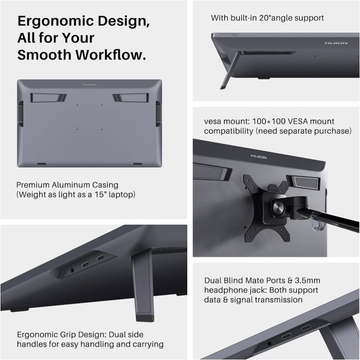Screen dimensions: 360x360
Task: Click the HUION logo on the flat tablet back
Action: [89, 83]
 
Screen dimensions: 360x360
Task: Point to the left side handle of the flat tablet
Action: [20, 113]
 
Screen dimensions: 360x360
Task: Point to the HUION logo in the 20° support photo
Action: [335, 44]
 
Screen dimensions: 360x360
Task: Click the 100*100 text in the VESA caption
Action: [268, 122]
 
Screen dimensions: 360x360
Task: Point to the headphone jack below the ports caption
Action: [269, 343]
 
